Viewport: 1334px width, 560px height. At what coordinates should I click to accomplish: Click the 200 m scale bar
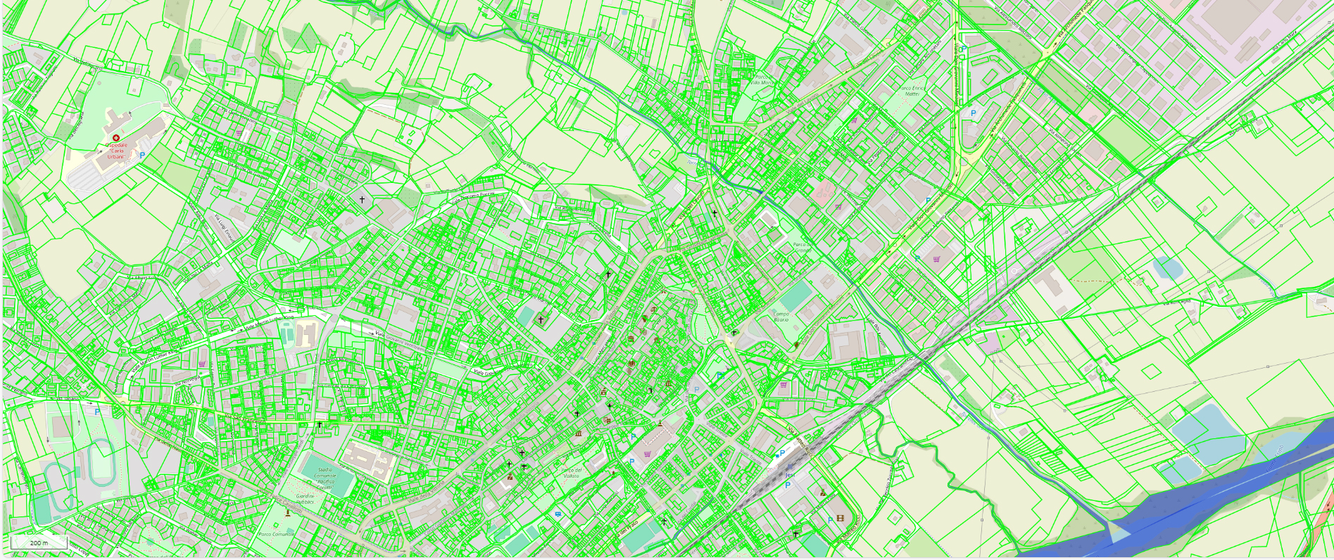click(39, 542)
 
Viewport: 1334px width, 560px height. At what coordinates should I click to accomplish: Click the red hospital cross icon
click(116, 138)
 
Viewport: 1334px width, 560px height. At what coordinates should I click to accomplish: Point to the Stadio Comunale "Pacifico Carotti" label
click(324, 478)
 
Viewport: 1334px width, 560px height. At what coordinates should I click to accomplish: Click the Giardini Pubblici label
click(305, 499)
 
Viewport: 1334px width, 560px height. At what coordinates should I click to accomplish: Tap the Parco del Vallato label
click(571, 473)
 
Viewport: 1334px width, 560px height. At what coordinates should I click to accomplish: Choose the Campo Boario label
click(781, 317)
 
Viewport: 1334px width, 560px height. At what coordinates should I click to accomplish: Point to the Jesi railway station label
click(789, 475)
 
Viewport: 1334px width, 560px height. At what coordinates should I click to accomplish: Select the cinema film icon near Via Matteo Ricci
click(840, 518)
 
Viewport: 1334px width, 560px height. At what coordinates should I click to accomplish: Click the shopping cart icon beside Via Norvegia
click(202, 364)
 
